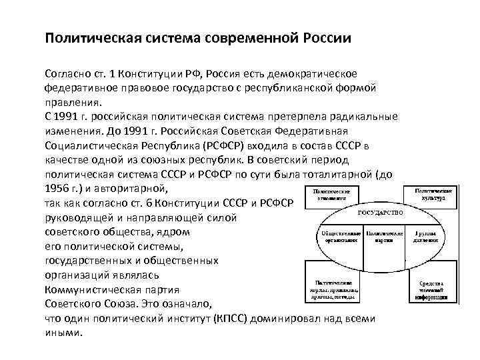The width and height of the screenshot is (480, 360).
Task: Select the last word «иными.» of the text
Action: [63, 333]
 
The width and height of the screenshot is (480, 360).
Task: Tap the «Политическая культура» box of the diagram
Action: [436, 195]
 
